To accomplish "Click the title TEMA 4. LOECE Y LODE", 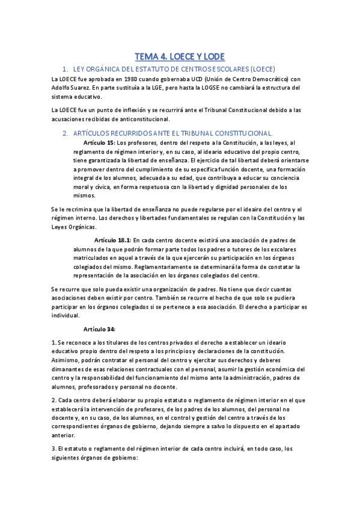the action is pyautogui.click(x=180, y=57).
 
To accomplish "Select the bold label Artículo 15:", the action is pyautogui.click(x=99, y=143).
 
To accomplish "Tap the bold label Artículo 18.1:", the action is pyautogui.click(x=112, y=239).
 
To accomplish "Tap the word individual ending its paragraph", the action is pyautogui.click(x=66, y=315).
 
